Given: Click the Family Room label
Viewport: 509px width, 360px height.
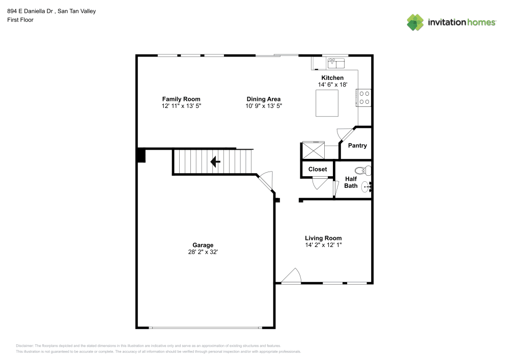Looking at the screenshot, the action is pyautogui.click(x=181, y=99).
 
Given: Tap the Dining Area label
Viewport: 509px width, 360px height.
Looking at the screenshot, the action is pyautogui.click(x=264, y=99).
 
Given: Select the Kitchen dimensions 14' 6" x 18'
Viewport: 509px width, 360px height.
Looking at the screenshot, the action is pyautogui.click(x=332, y=85).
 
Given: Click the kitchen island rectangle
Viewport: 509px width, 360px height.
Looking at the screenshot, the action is pyautogui.click(x=327, y=103).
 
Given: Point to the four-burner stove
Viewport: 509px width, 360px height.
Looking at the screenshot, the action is pyautogui.click(x=364, y=98).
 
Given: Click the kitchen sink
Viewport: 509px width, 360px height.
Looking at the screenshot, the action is pyautogui.click(x=336, y=63).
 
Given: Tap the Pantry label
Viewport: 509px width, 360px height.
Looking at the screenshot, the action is pyautogui.click(x=357, y=146).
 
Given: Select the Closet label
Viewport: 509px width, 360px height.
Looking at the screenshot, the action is pyautogui.click(x=318, y=169).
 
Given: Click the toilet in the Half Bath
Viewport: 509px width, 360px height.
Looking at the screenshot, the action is pyautogui.click(x=363, y=171).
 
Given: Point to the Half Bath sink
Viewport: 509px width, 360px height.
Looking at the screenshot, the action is pyautogui.click(x=366, y=187).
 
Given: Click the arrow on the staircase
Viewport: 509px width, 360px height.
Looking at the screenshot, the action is pyautogui.click(x=215, y=161).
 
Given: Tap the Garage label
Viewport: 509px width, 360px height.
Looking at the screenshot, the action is pyautogui.click(x=203, y=245).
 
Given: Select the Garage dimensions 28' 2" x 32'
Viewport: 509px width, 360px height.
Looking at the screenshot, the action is pyautogui.click(x=203, y=252).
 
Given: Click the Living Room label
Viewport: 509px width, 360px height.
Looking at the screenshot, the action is pyautogui.click(x=323, y=238).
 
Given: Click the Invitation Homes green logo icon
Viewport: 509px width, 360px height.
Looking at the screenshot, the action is pyautogui.click(x=415, y=22).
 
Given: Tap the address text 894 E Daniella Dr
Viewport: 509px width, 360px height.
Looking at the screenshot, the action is pyautogui.click(x=30, y=11).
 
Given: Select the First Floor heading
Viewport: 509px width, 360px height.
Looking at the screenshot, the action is pyautogui.click(x=20, y=20).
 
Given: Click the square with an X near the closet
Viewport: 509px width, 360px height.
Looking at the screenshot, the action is pyautogui.click(x=313, y=150).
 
